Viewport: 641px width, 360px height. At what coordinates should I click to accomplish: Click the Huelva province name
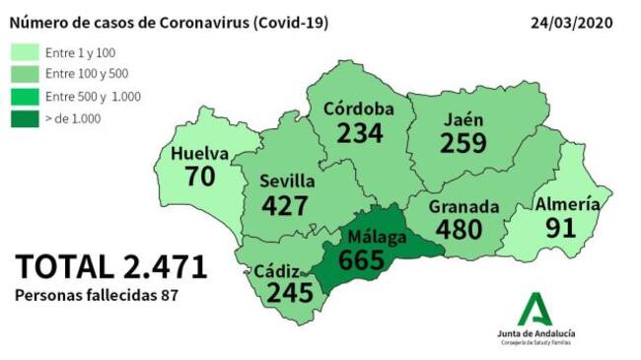coord(199,155)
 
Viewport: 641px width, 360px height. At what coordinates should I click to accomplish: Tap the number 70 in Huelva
coord(201,178)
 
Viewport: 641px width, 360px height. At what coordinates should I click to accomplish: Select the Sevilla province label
coord(287,181)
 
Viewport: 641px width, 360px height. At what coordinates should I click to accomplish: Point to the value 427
coord(287,205)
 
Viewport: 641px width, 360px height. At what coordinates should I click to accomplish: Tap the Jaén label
coord(463,119)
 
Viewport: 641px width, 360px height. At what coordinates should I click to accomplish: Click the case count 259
coord(464,143)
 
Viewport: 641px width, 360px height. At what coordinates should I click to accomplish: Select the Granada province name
coord(464,208)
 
